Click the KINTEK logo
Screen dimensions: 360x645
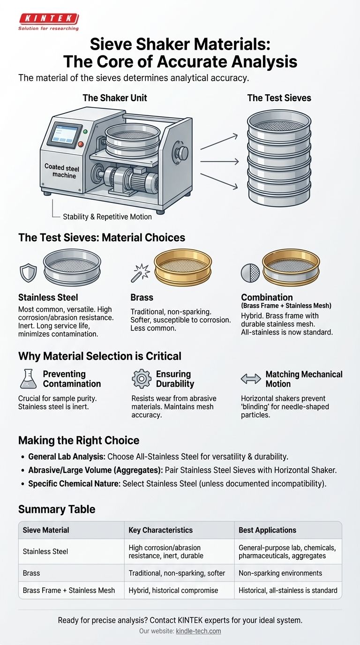coord(48,22)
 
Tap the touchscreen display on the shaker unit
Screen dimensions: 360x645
coord(64,134)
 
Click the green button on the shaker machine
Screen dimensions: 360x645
coord(85,132)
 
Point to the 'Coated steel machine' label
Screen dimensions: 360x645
coord(61,171)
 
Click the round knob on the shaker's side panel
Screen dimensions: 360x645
coord(182,152)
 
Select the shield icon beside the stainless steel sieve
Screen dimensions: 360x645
coord(28,273)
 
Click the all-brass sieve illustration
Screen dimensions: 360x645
coord(183,268)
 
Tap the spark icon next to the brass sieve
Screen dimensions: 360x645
coord(140,273)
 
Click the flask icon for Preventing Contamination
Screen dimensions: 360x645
coord(28,379)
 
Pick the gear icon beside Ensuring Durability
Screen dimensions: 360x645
coord(142,379)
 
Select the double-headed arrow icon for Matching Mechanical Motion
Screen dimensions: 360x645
coord(251,379)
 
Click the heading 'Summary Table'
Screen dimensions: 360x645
coord(57,509)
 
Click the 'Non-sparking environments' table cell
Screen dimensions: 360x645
coord(280,573)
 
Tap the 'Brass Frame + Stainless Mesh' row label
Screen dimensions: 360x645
coord(69,590)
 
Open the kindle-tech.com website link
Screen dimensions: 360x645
coord(198,631)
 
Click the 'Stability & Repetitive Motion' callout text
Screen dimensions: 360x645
coord(107,217)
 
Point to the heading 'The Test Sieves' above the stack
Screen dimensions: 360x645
coord(279,98)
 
